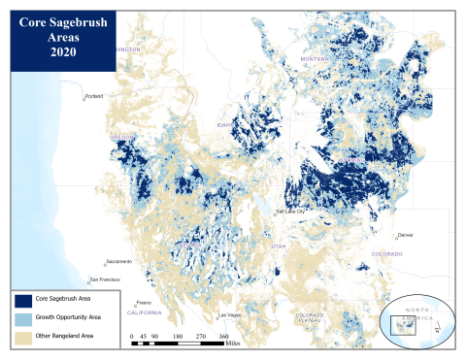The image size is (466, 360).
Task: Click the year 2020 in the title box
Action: tap(63, 51)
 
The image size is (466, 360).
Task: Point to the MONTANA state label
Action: tap(314, 59)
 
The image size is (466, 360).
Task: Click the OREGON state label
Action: tap(123, 139)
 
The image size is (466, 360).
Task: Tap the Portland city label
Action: tap(94, 96)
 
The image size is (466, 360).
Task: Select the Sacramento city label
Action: tap(118, 261)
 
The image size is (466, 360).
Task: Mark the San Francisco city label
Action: tap(103, 278)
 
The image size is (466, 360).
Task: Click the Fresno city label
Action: tap(143, 303)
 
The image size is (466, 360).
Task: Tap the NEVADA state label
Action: tap(194, 246)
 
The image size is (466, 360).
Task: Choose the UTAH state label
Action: tap(280, 246)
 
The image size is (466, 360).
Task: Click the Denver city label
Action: tap(405, 235)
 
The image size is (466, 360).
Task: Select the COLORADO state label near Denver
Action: tap(393, 253)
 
